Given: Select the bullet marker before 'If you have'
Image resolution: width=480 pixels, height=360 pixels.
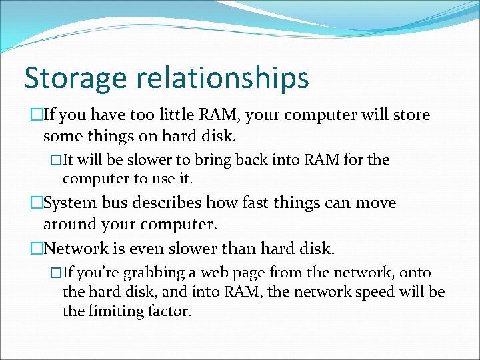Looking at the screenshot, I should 37,115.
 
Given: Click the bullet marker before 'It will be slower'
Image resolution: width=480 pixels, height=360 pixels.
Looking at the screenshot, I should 56,160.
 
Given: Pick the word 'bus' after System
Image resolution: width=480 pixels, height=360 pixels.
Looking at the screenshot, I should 117,203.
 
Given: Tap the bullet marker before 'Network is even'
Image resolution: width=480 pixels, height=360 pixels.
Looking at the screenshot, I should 37,249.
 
